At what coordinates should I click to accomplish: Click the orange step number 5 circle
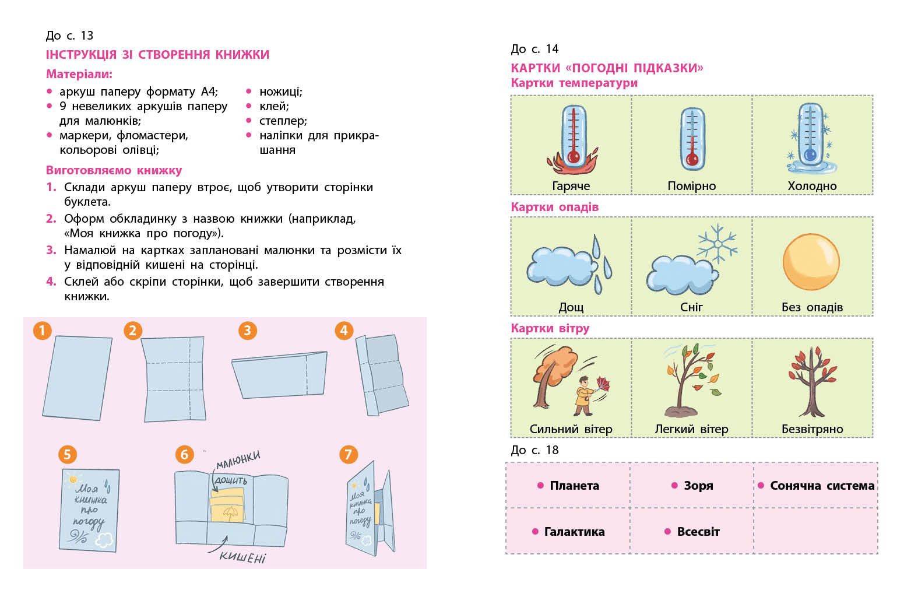pos(67,454)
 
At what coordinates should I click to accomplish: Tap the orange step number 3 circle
pos(248,331)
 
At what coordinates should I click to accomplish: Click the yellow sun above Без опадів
pos(811,262)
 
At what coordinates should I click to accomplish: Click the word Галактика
pos(574,532)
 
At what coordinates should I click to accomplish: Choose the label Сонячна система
pos(822,486)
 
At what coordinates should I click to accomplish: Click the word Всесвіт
pos(698,532)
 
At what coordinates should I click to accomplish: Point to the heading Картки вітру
pos(550,328)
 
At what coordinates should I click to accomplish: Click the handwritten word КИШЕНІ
pos(242,557)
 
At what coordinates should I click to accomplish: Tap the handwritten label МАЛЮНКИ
pos(238,459)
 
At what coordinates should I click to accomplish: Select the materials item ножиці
pos(280,92)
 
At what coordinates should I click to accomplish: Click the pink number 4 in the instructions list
pos(51,282)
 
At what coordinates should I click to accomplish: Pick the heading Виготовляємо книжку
pos(114,170)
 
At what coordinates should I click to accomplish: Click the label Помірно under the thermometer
pos(691,186)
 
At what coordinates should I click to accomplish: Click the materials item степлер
pos(283,121)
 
